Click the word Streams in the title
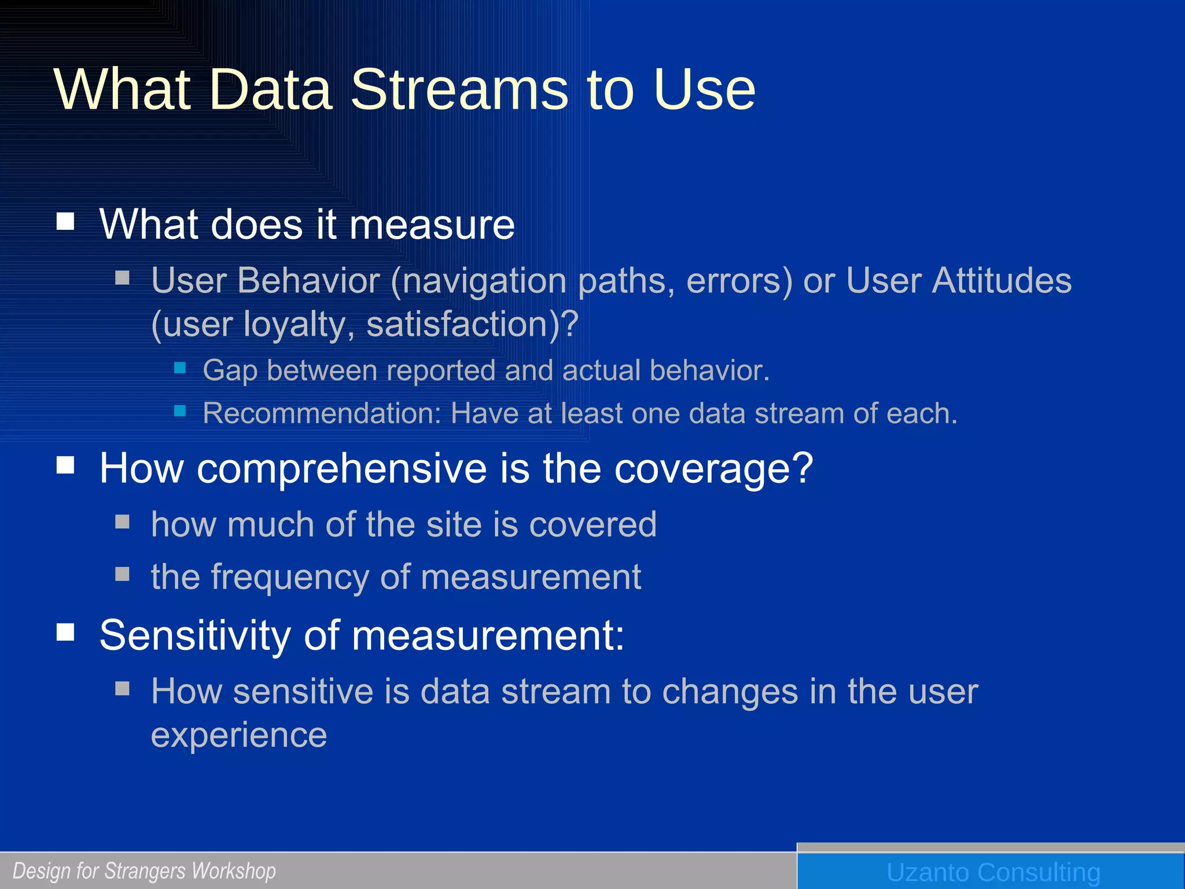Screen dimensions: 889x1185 click(461, 90)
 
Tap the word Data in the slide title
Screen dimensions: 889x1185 click(270, 90)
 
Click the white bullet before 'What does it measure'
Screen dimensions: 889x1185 click(65, 221)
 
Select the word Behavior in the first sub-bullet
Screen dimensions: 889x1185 click(309, 281)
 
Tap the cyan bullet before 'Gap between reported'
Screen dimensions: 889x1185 click(180, 368)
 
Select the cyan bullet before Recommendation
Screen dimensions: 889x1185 click(180, 411)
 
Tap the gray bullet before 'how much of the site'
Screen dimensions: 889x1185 click(122, 522)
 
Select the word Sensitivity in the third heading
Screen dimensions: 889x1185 click(195, 635)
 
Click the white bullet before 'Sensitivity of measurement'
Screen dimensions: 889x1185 click(65, 632)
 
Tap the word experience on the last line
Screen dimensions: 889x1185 click(239, 735)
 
